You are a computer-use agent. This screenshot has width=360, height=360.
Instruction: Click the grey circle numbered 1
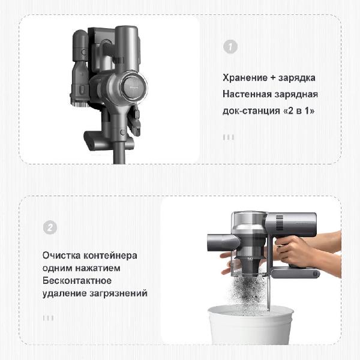coord(230,47)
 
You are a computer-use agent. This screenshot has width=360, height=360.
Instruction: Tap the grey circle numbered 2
coord(50,227)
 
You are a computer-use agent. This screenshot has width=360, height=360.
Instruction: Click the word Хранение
coord(245,78)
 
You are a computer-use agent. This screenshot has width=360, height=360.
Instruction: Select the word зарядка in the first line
coord(297,78)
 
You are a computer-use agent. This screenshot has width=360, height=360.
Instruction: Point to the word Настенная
coord(247,94)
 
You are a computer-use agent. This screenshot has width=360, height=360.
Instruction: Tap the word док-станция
coord(251,111)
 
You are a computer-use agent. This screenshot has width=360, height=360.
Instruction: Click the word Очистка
coord(61,256)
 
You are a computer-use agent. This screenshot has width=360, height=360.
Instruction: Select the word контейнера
coord(110,256)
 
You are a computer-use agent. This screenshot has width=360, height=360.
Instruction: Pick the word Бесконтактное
coord(77,281)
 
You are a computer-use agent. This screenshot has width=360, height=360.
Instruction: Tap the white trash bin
coord(250,324)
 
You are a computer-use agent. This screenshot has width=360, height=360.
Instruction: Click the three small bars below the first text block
coord(229,137)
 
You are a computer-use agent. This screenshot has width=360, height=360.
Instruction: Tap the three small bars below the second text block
coord(48,318)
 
